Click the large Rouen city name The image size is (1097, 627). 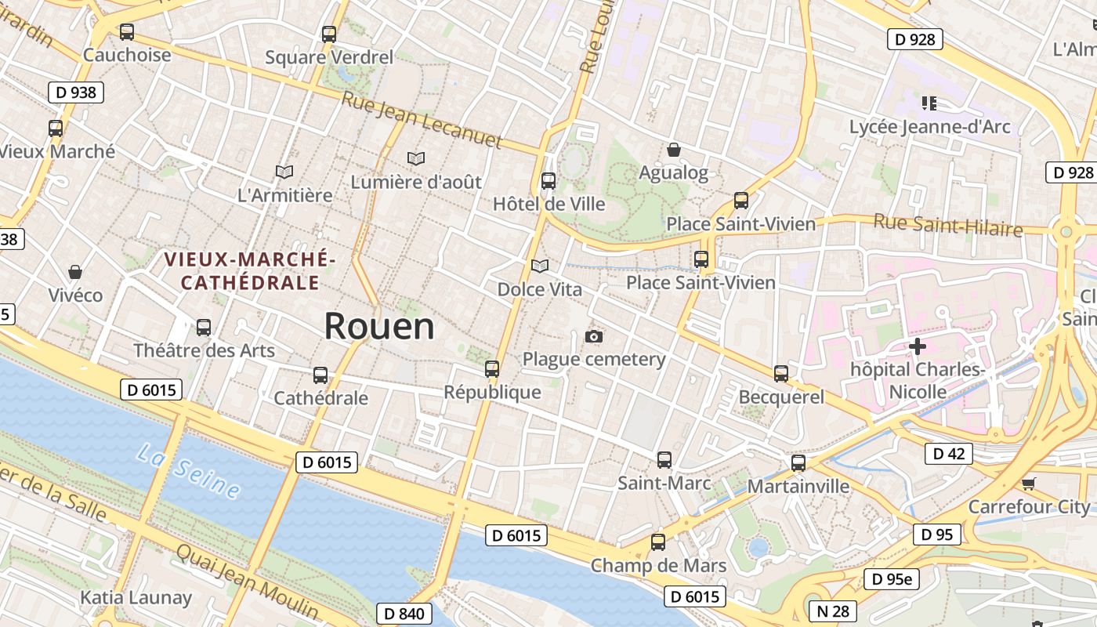[x=379, y=326]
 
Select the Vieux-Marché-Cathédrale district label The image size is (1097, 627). [x=249, y=270]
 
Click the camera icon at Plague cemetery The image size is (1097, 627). [x=594, y=336]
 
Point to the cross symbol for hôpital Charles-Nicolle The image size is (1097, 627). [x=918, y=346]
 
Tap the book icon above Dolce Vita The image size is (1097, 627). [x=540, y=266]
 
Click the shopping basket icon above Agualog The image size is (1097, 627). [x=673, y=149]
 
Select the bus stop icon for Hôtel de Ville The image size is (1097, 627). [x=548, y=181]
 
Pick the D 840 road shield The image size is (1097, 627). [x=405, y=614]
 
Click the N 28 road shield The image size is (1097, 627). [x=832, y=611]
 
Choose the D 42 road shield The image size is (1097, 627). [x=948, y=453]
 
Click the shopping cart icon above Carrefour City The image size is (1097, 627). [x=1029, y=484]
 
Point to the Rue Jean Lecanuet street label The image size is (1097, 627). [x=422, y=120]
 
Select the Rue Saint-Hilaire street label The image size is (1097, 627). [x=948, y=225]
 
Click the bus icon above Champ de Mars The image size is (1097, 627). [x=658, y=542]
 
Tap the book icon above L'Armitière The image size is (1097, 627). [x=284, y=171]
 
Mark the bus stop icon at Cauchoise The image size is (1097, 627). [x=127, y=32]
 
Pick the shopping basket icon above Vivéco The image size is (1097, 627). [x=75, y=272]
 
